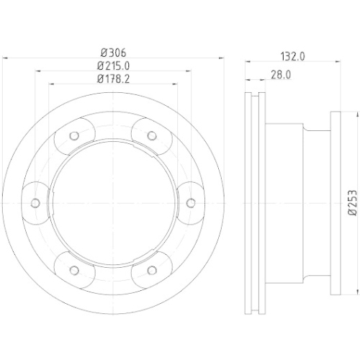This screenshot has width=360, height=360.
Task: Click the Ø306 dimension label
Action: (114, 52)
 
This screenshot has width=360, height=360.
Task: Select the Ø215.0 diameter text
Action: (114, 66)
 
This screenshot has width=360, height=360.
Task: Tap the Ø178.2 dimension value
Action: (114, 78)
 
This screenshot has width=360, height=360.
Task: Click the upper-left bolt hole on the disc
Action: (76, 135)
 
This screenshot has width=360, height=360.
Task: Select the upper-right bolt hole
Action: (152, 135)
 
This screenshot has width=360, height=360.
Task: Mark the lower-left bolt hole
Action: (76, 269)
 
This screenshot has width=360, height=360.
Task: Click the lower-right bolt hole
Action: (152, 269)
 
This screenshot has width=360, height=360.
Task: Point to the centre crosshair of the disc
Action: (114, 202)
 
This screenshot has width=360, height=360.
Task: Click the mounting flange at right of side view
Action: (335, 202)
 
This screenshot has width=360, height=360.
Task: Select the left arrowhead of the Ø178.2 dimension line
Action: (52, 85)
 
